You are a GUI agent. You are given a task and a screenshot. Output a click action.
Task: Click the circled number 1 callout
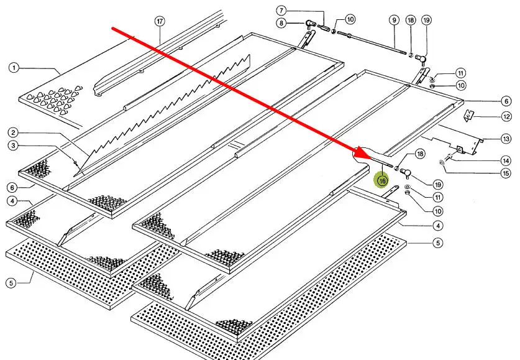(13, 68)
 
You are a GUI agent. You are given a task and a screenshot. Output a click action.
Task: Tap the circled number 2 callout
(13, 132)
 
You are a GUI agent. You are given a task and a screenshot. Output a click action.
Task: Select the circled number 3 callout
(13, 145)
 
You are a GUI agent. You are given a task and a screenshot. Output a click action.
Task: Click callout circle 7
(281, 11)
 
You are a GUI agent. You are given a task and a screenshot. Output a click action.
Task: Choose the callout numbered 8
(281, 24)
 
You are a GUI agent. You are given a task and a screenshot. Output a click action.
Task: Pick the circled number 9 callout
(394, 20)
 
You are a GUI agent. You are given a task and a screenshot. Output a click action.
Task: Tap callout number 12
(506, 117)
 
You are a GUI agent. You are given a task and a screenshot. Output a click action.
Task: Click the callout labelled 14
(506, 160)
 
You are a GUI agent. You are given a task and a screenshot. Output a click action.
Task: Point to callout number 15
(506, 173)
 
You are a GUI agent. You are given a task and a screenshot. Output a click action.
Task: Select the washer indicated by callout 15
(440, 163)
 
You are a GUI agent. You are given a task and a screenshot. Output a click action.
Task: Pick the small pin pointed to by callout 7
(324, 28)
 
